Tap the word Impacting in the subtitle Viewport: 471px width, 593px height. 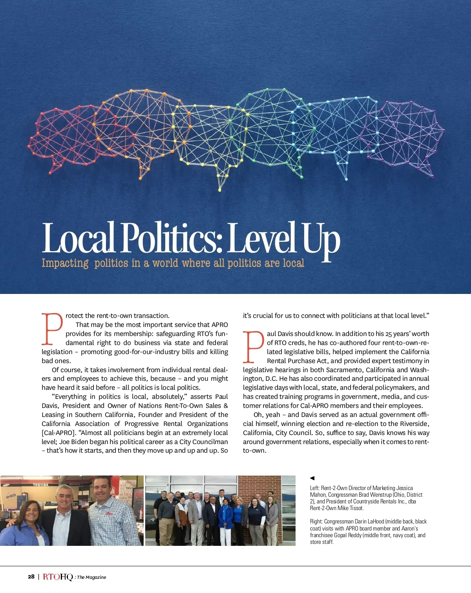pyautogui.click(x=65, y=263)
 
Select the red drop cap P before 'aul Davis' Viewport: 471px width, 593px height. pyautogui.click(x=254, y=347)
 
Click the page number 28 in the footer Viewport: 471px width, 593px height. pyautogui.click(x=31, y=577)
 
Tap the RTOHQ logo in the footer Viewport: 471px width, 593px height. pyautogui.click(x=58, y=577)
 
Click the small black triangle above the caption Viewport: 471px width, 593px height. pyautogui.click(x=312, y=478)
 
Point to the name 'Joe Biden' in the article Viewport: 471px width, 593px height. pyautogui.click(x=73, y=442)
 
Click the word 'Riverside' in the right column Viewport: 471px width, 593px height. pyautogui.click(x=414, y=424)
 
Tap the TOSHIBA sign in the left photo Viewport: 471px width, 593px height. pyautogui.click(x=40, y=485)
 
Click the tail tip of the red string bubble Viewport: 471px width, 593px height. pyautogui.click(x=50, y=172)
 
